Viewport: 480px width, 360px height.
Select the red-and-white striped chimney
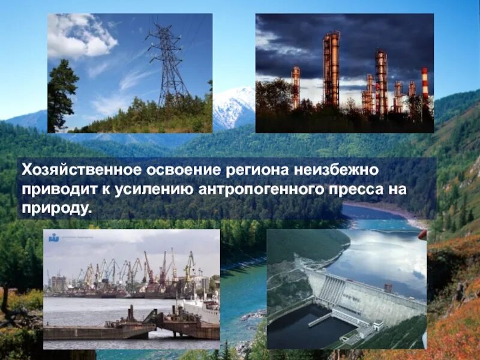(x=425, y=84)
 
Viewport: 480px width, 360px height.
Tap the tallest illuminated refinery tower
(x=331, y=69)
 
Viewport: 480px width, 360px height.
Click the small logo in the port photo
(x=54, y=238)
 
